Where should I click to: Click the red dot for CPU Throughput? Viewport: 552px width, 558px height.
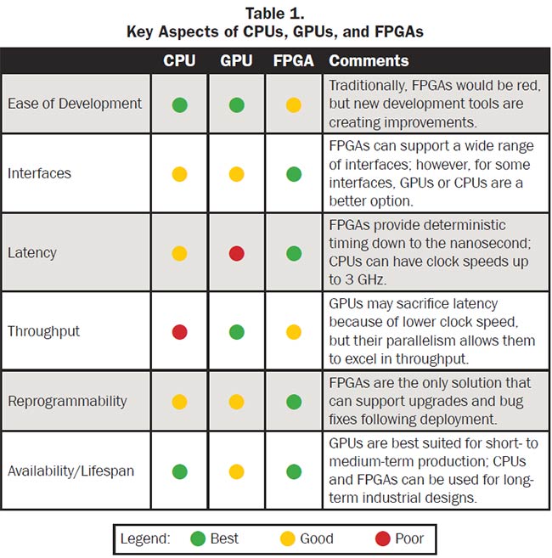click(x=179, y=331)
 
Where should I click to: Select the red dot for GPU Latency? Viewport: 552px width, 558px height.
click(x=236, y=252)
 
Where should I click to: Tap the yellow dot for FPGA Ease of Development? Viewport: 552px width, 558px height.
click(x=293, y=105)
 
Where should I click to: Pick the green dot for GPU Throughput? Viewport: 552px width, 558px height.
click(x=236, y=331)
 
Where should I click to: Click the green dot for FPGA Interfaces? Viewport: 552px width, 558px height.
click(x=293, y=174)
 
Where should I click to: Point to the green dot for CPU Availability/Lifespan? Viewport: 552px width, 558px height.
click(x=179, y=471)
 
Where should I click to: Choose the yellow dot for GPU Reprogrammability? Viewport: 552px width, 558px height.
click(x=236, y=401)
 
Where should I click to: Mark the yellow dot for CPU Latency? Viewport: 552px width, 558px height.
click(x=179, y=252)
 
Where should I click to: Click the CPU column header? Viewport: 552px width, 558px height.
click(x=179, y=61)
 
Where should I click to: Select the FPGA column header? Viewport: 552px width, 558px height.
click(x=293, y=61)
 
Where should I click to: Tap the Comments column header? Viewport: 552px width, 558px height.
click(x=369, y=61)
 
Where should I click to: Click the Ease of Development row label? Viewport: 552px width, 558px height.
click(x=75, y=104)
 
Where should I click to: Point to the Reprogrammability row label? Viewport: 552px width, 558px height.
click(x=67, y=401)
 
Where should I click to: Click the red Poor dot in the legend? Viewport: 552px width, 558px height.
click(x=382, y=538)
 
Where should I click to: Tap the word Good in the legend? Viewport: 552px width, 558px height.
click(x=316, y=538)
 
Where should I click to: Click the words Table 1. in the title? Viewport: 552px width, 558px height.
click(x=275, y=14)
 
